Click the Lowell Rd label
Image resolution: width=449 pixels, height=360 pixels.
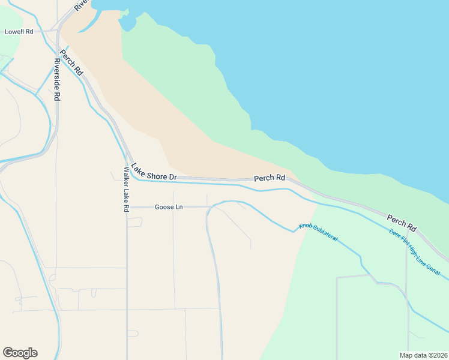[17, 31]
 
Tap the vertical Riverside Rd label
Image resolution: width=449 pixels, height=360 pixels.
[57, 79]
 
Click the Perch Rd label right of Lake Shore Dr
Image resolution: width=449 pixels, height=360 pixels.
[269, 178]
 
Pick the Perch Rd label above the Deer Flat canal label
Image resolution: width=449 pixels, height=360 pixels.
[401, 223]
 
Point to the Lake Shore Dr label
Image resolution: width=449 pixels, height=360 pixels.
[154, 173]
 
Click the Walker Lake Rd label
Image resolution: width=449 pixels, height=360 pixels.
[126, 189]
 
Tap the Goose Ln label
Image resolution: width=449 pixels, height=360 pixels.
[169, 207]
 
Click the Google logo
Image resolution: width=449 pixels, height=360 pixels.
[20, 353]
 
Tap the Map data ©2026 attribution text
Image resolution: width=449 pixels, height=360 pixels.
[423, 355]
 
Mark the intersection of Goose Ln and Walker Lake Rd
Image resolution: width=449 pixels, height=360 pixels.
[127, 207]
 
